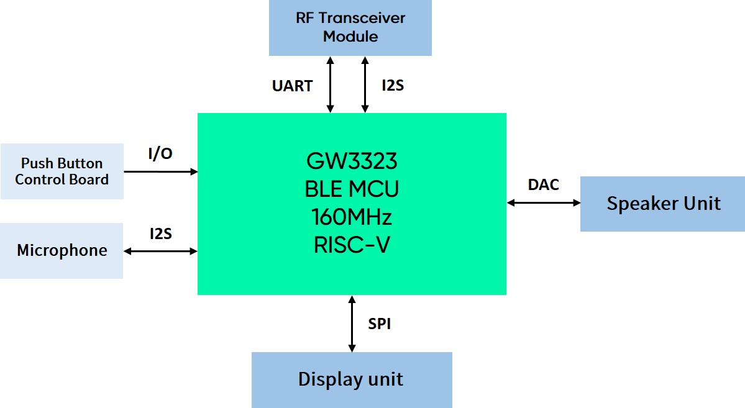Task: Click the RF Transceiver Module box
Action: (350, 27)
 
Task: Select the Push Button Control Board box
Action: (62, 171)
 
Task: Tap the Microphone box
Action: (62, 251)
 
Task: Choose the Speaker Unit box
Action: (662, 204)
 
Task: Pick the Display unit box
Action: (351, 379)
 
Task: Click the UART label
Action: (292, 86)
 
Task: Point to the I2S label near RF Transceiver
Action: (393, 85)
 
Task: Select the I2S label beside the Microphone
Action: (160, 234)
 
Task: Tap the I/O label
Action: (160, 154)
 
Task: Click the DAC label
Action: (543, 184)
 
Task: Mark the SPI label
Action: (379, 324)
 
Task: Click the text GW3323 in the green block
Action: (352, 162)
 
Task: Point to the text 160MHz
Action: (352, 218)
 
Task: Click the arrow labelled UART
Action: (330, 84)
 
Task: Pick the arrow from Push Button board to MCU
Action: (160, 171)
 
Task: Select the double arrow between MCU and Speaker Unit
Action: (543, 202)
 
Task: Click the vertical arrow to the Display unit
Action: (352, 324)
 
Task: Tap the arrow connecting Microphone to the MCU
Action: (160, 251)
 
